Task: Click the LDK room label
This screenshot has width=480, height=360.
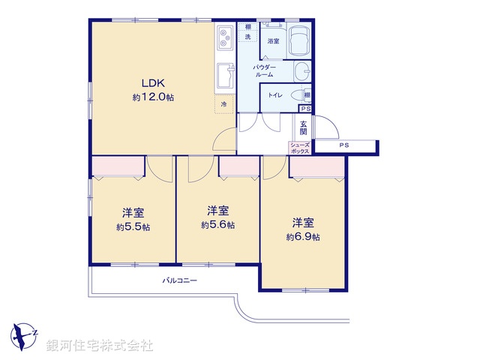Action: tap(149, 82)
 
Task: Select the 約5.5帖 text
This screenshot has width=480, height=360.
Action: tap(133, 226)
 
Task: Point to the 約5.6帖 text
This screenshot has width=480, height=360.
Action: tap(217, 224)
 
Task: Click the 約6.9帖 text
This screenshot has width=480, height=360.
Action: tap(303, 236)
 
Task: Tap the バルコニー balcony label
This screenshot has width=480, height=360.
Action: tap(180, 280)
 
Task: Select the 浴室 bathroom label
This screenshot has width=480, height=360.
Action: tap(274, 42)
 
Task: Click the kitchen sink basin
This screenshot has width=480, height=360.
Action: tap(225, 76)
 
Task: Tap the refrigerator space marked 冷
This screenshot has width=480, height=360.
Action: tap(223, 104)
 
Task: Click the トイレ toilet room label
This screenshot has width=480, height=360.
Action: tap(275, 95)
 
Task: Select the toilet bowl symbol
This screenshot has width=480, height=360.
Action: tap(299, 95)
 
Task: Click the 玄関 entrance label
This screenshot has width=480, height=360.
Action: tap(304, 127)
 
